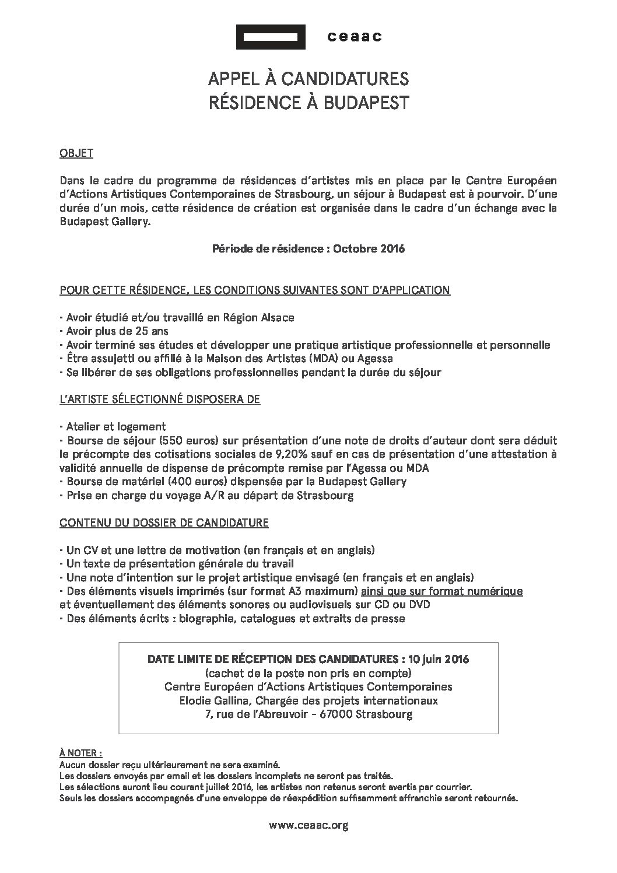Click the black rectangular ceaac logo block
pos(271,37)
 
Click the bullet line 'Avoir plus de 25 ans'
pos(107,331)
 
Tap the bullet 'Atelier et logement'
pos(113,426)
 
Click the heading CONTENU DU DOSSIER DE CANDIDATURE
pos(164,523)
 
